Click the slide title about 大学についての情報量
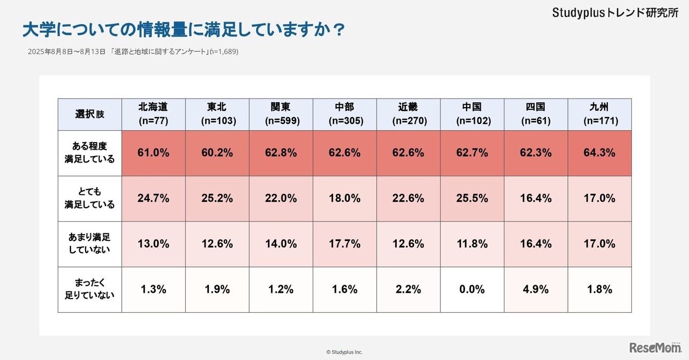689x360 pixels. point(183,30)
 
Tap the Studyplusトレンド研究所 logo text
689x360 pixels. point(615,13)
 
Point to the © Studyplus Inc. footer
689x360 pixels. point(344,352)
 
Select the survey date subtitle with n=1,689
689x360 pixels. point(133,52)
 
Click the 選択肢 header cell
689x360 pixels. point(90,115)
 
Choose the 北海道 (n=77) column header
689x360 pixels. point(153,114)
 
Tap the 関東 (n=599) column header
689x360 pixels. point(282,114)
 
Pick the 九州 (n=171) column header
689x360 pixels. point(600,114)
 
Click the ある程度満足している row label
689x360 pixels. point(90,153)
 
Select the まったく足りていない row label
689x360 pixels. point(90,290)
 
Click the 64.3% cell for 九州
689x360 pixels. point(600,153)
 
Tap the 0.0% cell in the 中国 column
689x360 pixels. point(472,290)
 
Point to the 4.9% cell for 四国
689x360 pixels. point(536,290)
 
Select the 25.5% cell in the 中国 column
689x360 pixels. point(472,199)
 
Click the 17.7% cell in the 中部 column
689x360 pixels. point(344,244)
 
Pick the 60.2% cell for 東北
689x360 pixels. point(217,153)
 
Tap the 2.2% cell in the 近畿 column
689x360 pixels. point(408,290)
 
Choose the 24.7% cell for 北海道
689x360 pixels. point(153,199)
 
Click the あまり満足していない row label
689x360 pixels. point(90,244)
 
